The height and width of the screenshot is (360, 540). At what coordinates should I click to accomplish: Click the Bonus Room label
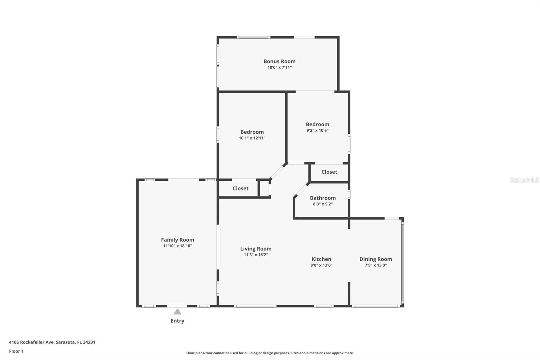pyautogui.click(x=279, y=61)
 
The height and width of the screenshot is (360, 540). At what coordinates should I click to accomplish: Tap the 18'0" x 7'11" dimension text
pyautogui.click(x=279, y=68)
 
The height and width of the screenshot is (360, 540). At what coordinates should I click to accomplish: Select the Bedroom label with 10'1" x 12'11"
pyautogui.click(x=252, y=132)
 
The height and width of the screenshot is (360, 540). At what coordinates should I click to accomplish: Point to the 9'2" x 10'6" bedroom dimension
pyautogui.click(x=318, y=131)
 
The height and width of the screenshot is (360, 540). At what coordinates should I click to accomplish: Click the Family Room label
pyautogui.click(x=178, y=240)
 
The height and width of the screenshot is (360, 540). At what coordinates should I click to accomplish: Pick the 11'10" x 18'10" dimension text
pyautogui.click(x=178, y=246)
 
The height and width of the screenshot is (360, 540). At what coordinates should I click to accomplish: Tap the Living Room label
pyautogui.click(x=256, y=249)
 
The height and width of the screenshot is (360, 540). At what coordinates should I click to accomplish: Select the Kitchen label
pyautogui.click(x=321, y=259)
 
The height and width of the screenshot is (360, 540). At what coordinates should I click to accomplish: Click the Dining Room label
pyautogui.click(x=376, y=259)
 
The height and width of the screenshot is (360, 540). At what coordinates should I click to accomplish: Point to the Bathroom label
pyautogui.click(x=323, y=198)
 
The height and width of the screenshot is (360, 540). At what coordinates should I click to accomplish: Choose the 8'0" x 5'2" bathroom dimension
pyautogui.click(x=323, y=204)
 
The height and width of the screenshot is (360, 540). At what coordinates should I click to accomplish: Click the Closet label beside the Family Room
pyautogui.click(x=240, y=188)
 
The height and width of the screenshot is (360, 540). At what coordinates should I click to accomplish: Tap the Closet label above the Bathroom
pyautogui.click(x=329, y=172)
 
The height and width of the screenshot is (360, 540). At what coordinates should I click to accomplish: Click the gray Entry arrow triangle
pyautogui.click(x=178, y=312)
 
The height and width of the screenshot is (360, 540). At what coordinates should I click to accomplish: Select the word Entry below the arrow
pyautogui.click(x=178, y=321)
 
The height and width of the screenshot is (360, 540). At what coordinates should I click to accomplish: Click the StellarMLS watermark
pyautogui.click(x=524, y=180)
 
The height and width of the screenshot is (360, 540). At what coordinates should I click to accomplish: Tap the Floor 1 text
pyautogui.click(x=16, y=351)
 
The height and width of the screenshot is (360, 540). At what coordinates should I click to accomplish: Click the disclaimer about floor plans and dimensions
pyautogui.click(x=270, y=353)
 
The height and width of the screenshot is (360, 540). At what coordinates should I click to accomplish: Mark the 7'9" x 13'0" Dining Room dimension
pyautogui.click(x=376, y=265)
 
